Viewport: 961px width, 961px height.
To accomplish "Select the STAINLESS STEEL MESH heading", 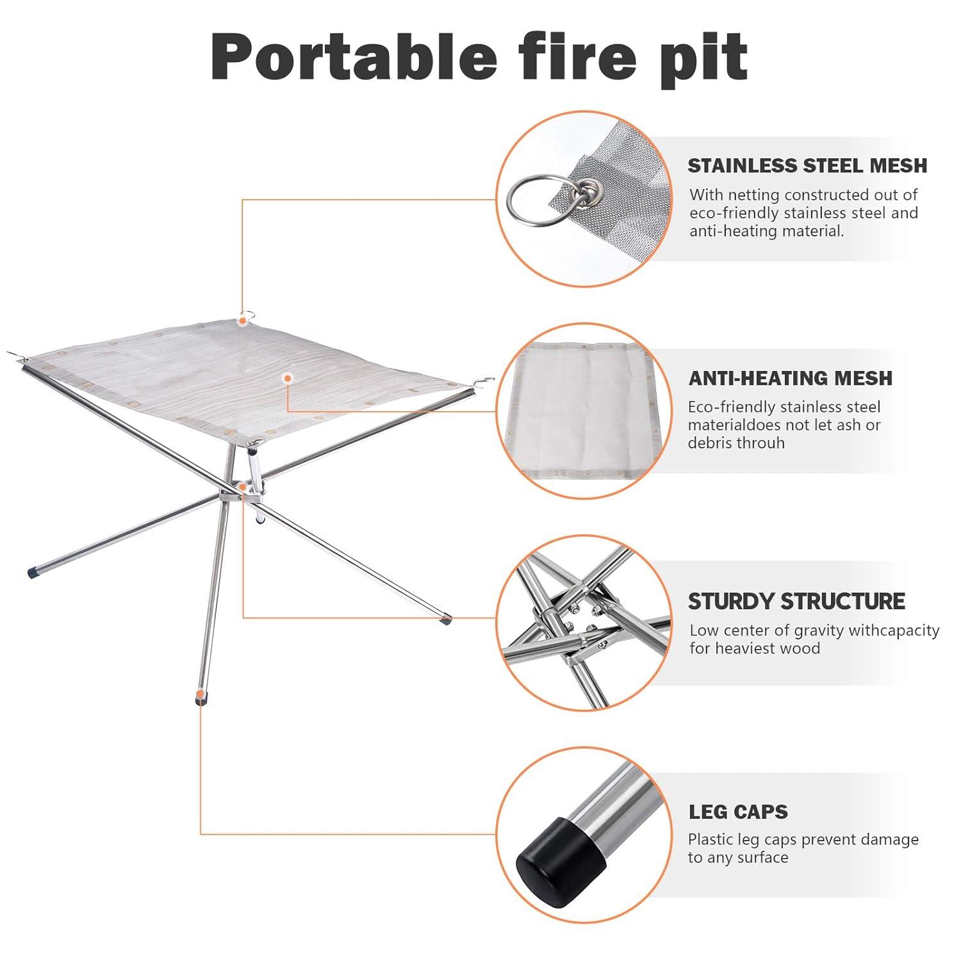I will (807, 165).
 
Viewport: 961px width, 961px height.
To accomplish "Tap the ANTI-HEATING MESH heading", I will (790, 378).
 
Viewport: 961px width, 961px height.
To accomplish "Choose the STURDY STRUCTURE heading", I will (796, 601).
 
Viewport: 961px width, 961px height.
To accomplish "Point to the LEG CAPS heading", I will (738, 812).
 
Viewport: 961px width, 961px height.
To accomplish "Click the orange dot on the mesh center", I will (289, 379).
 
